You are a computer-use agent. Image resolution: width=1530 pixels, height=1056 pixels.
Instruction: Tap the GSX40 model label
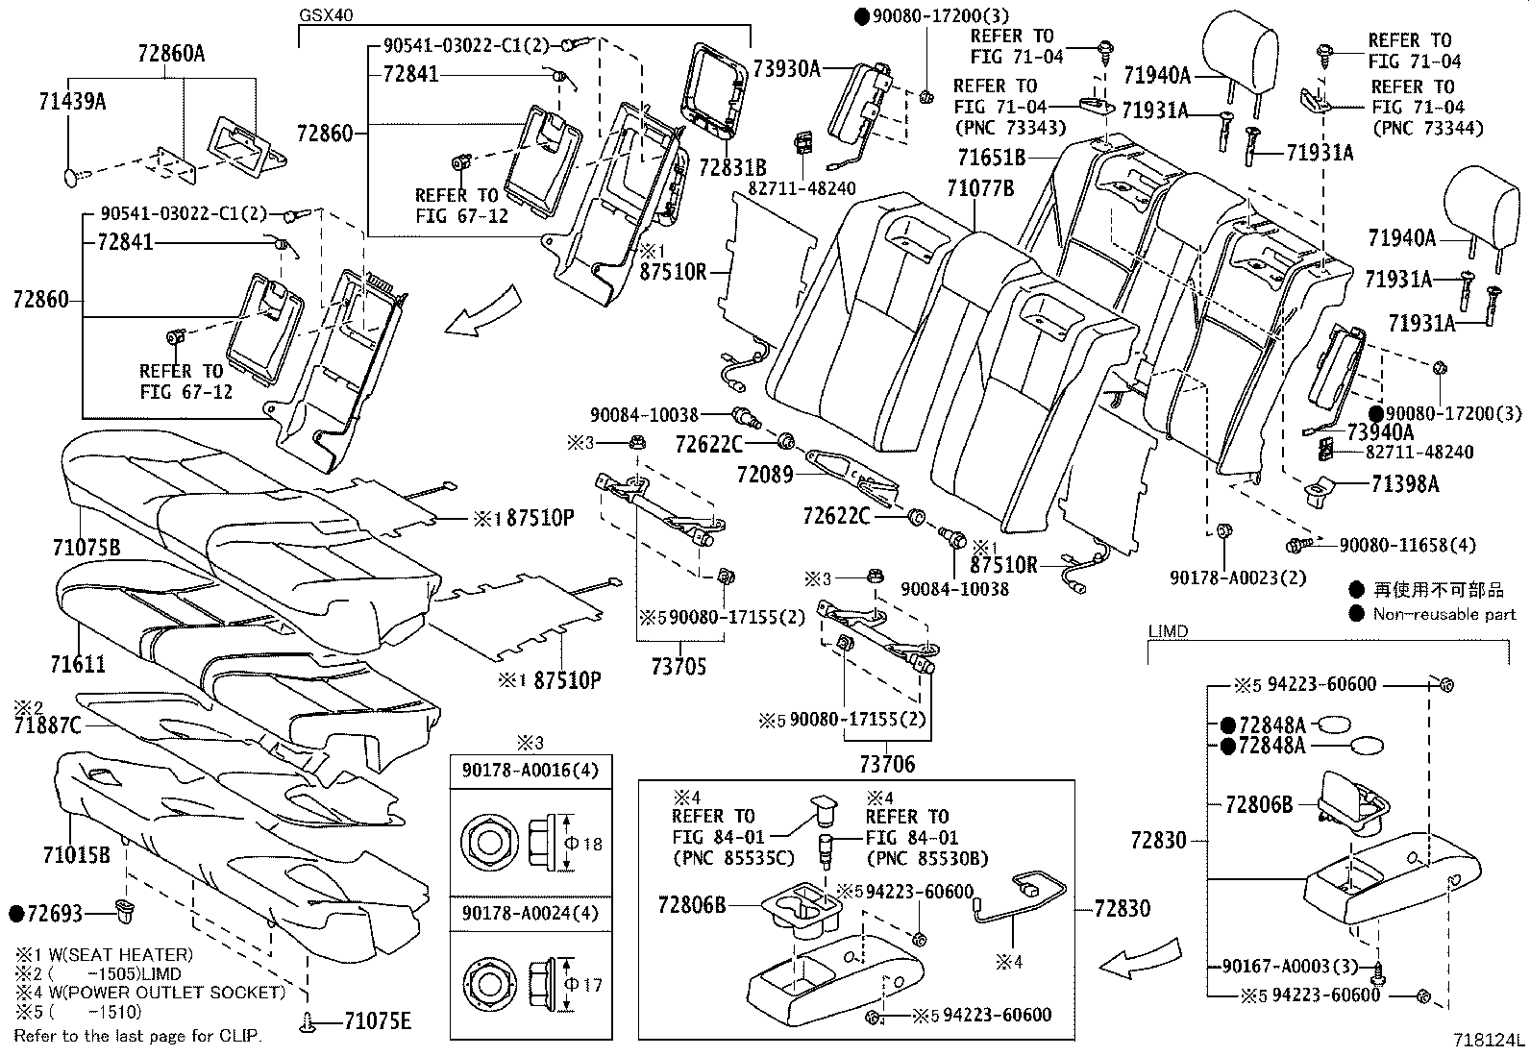(x=324, y=16)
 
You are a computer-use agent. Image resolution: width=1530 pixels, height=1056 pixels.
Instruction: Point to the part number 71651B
(x=992, y=157)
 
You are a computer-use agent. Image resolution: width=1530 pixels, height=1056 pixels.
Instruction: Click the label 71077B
(x=980, y=188)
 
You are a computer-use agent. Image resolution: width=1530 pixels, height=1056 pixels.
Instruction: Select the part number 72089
(x=765, y=474)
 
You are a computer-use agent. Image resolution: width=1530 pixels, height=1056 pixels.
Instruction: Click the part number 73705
(x=678, y=666)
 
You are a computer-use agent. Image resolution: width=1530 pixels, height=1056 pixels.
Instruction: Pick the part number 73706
(x=887, y=765)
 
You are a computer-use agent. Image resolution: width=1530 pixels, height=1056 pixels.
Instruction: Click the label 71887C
(x=48, y=725)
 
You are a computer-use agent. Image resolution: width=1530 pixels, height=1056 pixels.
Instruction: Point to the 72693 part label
(x=56, y=913)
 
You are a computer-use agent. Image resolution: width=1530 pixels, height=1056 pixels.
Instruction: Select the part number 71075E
(x=378, y=1021)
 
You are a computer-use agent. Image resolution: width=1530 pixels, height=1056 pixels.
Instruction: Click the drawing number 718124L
(x=1488, y=1040)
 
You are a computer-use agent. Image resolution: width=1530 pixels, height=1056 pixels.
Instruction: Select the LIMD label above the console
(x=1168, y=631)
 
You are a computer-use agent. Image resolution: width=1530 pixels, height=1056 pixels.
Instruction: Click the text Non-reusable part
(x=1444, y=614)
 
